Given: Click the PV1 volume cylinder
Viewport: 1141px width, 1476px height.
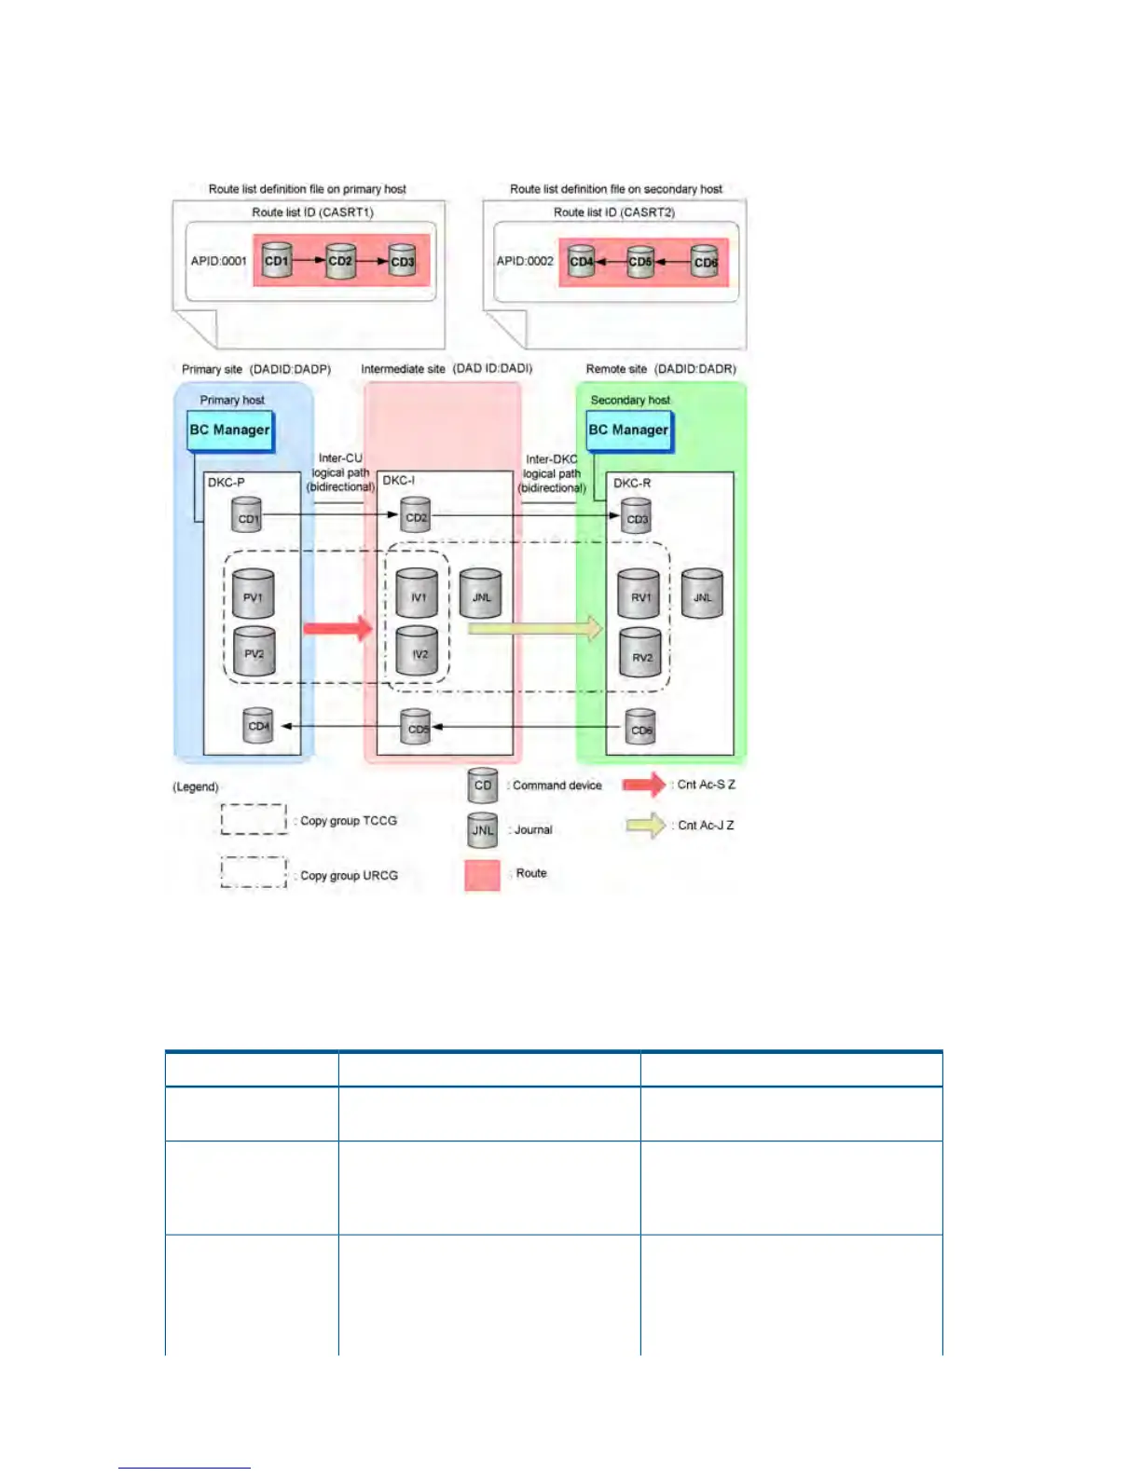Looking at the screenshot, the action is (x=253, y=594).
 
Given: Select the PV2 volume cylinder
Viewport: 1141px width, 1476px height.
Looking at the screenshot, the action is (x=254, y=651).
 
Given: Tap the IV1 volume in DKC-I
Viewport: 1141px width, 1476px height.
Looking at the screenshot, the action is (x=418, y=594).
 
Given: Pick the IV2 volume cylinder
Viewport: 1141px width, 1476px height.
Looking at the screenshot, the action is (x=419, y=651).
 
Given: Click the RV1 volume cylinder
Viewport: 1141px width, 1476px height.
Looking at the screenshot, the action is (x=639, y=594).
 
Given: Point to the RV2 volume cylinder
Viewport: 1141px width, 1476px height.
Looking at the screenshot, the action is (x=641, y=653).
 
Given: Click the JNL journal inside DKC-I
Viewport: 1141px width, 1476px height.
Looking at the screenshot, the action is (x=481, y=594).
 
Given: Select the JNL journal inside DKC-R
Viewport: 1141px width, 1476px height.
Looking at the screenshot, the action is (x=702, y=594).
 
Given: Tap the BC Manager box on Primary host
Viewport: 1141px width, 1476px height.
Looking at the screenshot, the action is (x=230, y=430).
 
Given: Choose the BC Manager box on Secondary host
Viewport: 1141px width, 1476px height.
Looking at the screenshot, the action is (x=628, y=430).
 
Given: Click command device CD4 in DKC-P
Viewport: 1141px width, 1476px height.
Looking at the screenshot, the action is (x=258, y=726).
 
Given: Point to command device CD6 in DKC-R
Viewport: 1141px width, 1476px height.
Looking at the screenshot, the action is (x=640, y=729).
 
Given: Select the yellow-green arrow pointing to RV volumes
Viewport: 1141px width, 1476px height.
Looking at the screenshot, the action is (x=535, y=629).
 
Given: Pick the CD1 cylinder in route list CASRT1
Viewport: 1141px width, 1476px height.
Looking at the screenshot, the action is (x=277, y=260).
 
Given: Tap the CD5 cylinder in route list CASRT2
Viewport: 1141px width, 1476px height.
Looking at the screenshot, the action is (x=640, y=261).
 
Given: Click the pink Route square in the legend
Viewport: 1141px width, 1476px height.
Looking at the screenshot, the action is (x=482, y=874).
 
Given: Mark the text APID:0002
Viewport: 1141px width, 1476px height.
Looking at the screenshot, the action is (x=525, y=261).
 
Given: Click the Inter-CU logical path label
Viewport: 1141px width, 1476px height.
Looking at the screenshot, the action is (x=340, y=472).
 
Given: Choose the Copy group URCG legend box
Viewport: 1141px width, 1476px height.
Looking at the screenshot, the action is (x=254, y=873).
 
